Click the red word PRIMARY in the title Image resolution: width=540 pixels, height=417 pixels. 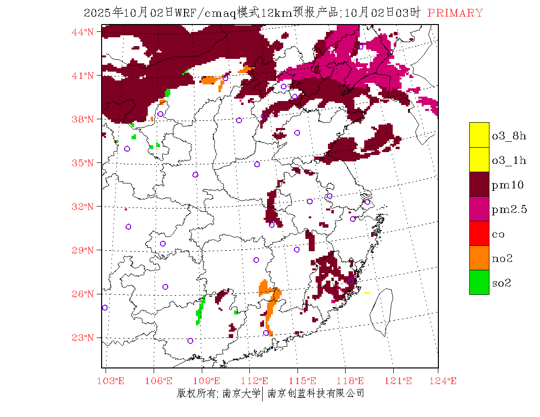(455, 13)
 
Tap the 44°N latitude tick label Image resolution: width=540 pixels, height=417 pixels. (83, 32)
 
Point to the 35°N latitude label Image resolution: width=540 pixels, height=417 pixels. (83, 163)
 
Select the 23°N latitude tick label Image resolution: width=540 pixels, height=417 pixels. (83, 338)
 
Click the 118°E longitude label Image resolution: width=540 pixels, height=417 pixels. (353, 381)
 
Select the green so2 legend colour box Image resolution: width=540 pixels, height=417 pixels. (479, 282)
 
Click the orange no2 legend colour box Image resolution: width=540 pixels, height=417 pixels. (479, 258)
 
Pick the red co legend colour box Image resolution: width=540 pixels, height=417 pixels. (479, 233)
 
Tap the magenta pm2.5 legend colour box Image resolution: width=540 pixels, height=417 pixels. (479, 208)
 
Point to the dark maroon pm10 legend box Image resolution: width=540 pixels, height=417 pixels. (479, 184)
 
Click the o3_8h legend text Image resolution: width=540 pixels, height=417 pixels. (509, 136)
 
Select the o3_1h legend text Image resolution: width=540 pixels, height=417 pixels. (509, 160)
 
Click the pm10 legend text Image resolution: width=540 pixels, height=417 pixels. (508, 185)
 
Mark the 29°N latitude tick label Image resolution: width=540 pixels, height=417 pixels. (83, 250)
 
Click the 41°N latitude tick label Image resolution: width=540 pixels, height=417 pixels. (83, 76)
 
